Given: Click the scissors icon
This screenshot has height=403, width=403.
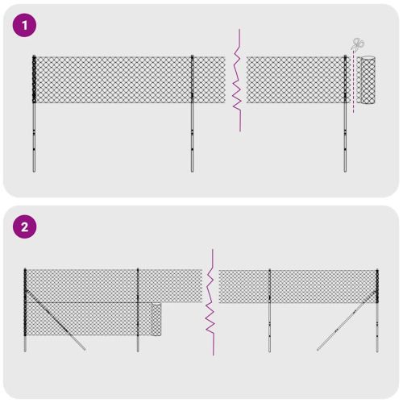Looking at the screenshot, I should point(357,46).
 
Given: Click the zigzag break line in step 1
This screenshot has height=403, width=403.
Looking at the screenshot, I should point(237,81).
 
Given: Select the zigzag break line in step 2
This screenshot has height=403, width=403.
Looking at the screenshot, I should point(210,302).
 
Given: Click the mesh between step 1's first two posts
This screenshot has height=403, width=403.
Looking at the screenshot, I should point(113,79).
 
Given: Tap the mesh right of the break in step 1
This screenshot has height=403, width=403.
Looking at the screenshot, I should point(294,79).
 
